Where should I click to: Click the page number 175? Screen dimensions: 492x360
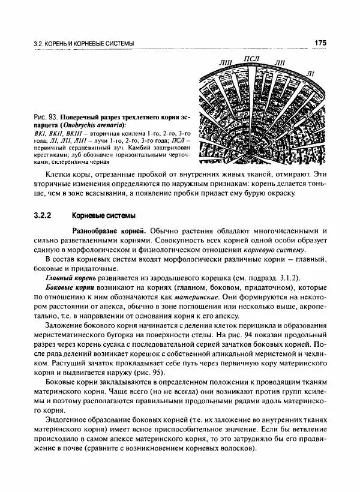click(x=319, y=43)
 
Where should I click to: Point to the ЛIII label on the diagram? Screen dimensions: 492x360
click(x=226, y=62)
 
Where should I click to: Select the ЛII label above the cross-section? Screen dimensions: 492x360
click(x=280, y=62)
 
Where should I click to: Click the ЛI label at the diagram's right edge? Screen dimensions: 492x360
click(x=310, y=74)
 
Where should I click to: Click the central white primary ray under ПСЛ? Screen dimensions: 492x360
click(x=252, y=108)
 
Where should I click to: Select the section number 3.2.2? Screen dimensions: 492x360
click(x=44, y=214)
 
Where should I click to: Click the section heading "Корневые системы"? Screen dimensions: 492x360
click(x=103, y=214)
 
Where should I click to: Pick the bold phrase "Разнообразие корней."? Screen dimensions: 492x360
click(x=109, y=230)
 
